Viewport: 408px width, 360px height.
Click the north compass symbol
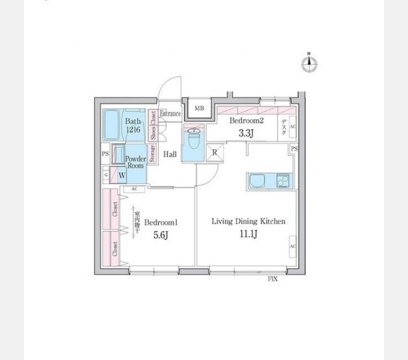point(310,64)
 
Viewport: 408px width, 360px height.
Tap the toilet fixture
point(194,139)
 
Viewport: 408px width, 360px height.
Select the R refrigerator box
point(215,152)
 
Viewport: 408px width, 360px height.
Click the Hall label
point(170,155)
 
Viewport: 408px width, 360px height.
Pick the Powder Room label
point(136,162)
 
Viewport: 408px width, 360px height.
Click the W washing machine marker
point(122,176)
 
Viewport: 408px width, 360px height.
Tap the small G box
point(106,175)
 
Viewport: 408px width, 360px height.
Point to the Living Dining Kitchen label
point(248,221)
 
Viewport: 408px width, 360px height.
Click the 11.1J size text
point(248,234)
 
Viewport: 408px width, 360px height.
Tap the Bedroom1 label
point(162,221)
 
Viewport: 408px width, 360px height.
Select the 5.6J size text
point(159,235)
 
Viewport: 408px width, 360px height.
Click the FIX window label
point(272,279)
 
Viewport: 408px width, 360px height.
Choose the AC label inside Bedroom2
point(293,127)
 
